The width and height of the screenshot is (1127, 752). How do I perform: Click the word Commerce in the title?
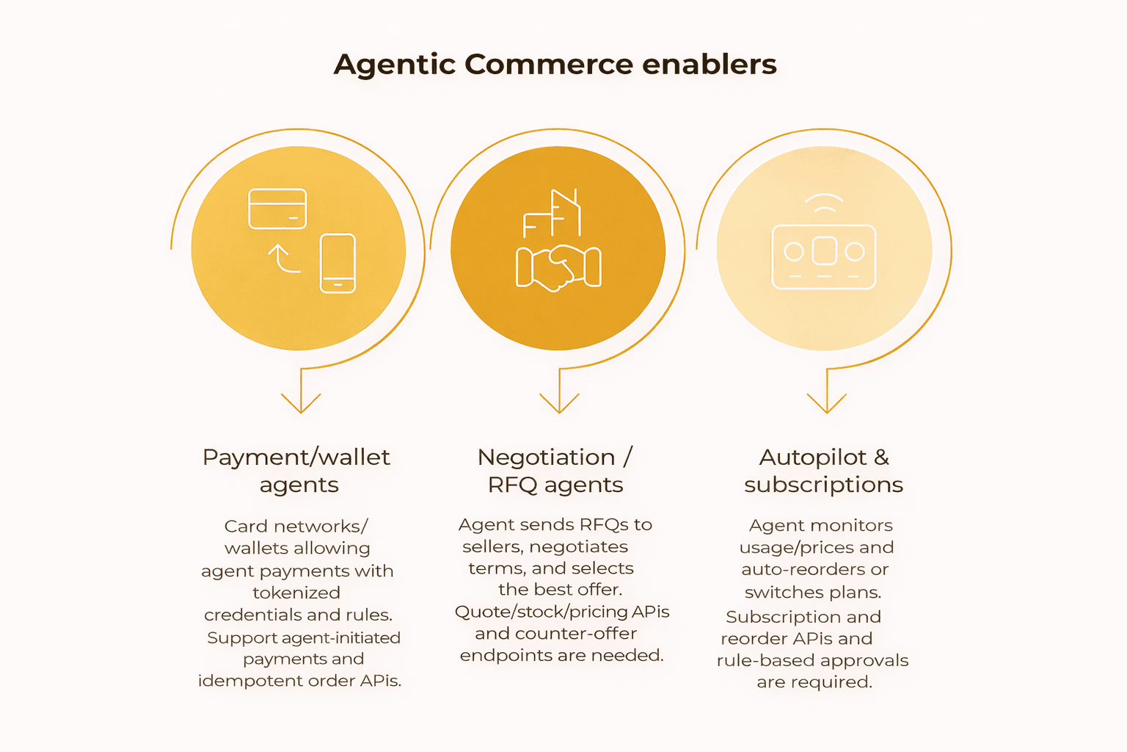click(x=548, y=65)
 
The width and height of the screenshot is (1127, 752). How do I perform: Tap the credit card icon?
click(x=277, y=209)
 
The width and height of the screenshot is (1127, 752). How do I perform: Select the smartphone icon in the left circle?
click(x=338, y=263)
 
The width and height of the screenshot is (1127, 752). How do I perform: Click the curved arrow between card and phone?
click(x=283, y=259)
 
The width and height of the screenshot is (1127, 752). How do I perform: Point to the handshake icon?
click(x=558, y=267)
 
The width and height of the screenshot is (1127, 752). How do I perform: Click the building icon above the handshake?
click(x=552, y=213)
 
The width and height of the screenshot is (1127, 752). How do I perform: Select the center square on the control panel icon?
click(x=824, y=251)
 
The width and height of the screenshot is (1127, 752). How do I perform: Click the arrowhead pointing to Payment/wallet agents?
click(x=301, y=403)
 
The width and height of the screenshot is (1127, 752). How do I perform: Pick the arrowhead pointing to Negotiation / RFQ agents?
click(x=559, y=403)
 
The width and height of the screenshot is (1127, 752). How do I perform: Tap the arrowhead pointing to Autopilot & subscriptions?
click(x=827, y=403)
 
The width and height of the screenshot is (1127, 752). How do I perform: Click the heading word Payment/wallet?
click(x=296, y=458)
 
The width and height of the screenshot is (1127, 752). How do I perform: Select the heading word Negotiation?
click(x=547, y=458)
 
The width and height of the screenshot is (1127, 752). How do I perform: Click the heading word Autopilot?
click(x=812, y=458)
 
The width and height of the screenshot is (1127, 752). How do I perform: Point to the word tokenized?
click(x=296, y=593)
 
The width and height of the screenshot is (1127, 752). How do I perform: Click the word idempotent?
click(x=250, y=681)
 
